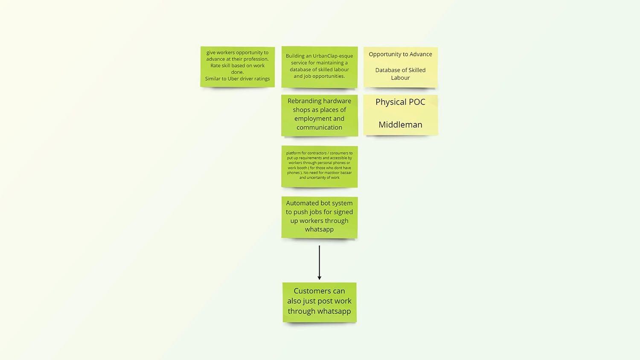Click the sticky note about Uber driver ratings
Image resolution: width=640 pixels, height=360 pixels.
tap(237, 67)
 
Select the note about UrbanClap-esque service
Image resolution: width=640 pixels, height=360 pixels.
tap(319, 67)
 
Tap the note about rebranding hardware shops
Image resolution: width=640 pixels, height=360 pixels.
tap(319, 115)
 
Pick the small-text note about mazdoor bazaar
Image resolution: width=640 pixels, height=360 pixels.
tap(319, 166)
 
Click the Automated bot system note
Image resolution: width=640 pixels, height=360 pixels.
tap(319, 217)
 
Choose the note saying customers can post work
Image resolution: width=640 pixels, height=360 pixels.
tap(319, 302)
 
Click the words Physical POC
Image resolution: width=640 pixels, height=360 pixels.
tap(400, 102)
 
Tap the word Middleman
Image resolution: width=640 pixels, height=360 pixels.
tap(400, 125)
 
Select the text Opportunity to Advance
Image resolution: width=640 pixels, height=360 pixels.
tap(400, 54)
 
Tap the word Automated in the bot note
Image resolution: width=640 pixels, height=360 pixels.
tap(302, 203)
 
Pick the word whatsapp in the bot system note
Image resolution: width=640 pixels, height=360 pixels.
tap(319, 229)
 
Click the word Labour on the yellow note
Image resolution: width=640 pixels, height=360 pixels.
tap(400, 78)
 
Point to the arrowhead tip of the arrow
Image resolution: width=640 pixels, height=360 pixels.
tap(319, 279)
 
